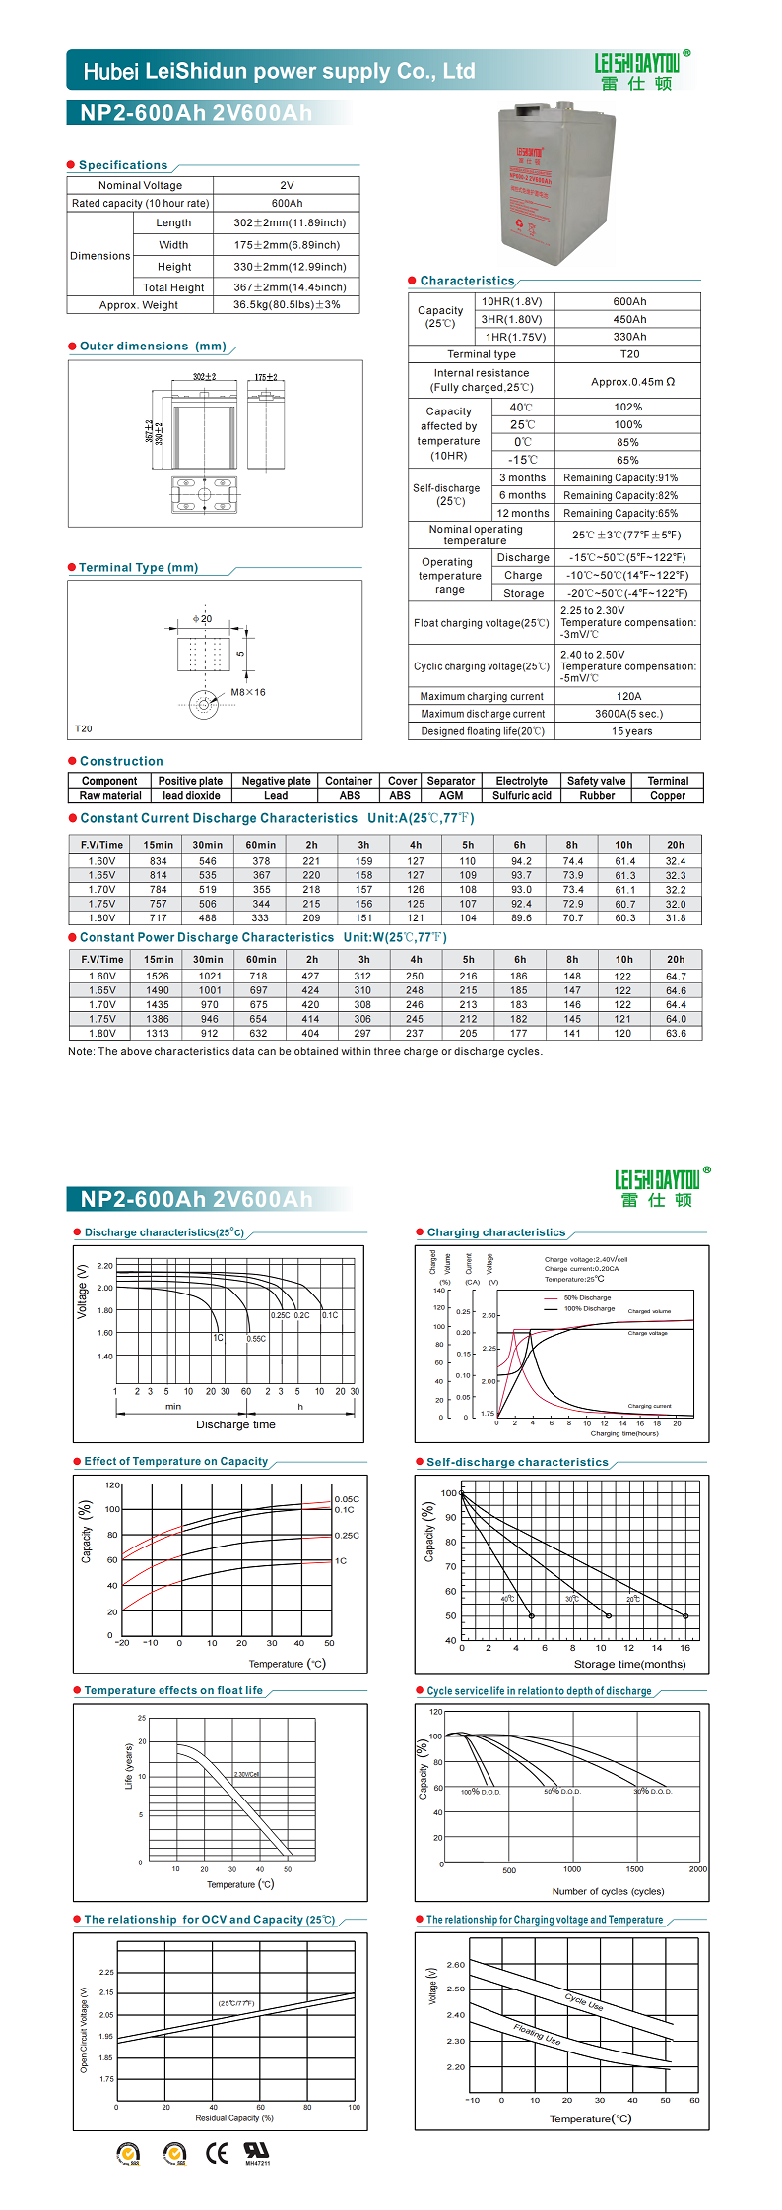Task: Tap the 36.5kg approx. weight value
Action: pos(287,305)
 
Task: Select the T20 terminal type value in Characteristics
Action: pos(629,354)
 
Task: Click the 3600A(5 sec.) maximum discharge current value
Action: pos(628,714)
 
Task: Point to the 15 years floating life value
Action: pos(631,731)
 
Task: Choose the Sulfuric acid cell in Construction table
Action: pos(522,796)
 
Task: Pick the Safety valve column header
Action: pos(596,781)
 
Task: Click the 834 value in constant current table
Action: pos(158,861)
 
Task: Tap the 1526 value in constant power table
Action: pos(158,977)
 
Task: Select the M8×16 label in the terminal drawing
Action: pos(248,692)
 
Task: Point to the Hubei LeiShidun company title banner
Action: pos(279,71)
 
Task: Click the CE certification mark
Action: pos(217,2153)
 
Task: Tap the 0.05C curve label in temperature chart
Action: pos(347,1499)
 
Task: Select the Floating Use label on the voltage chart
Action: pos(537,2034)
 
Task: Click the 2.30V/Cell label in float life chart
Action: pos(246,1774)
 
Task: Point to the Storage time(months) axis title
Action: pos(629,1665)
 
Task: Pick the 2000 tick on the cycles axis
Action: pos(697,1869)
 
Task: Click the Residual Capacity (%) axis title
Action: pos(234,2117)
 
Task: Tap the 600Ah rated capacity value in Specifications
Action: pos(287,204)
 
